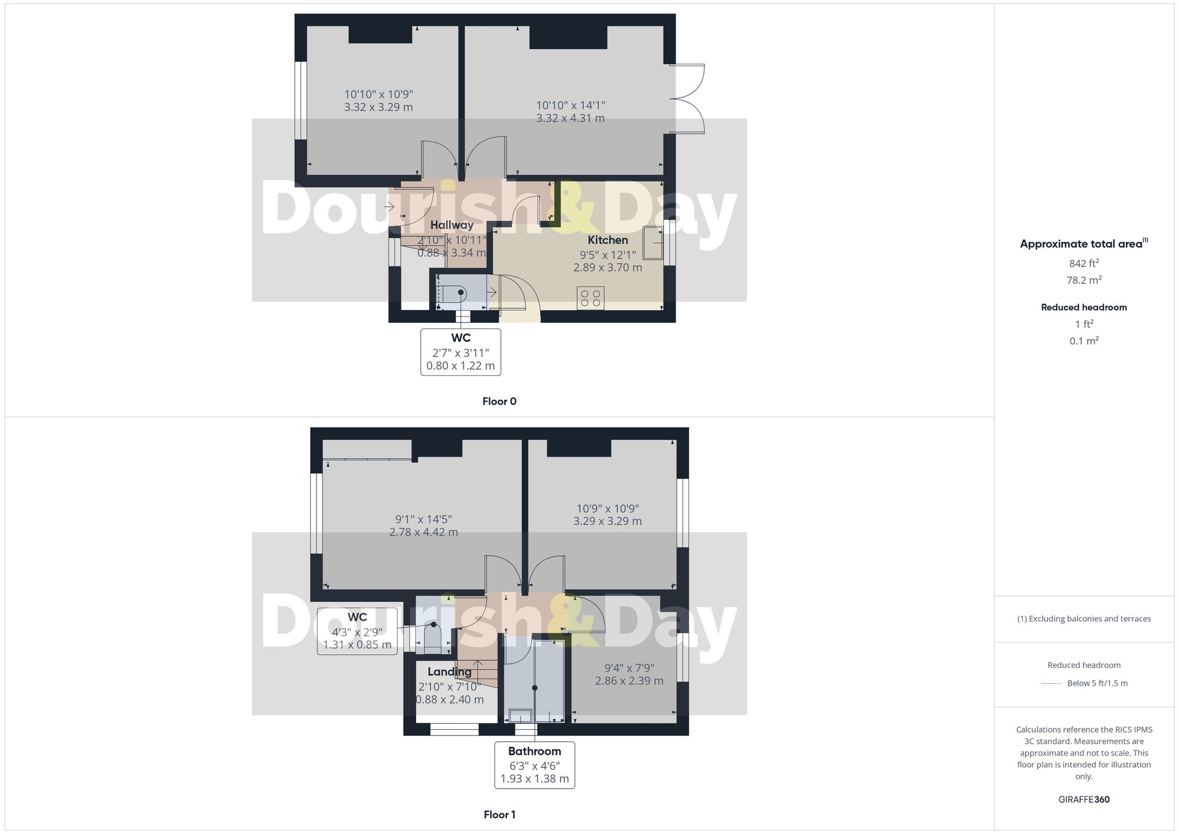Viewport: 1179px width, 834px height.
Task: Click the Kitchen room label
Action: click(x=607, y=240)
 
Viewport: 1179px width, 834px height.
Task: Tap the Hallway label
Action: click(x=452, y=225)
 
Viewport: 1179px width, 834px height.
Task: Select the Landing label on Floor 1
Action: click(x=449, y=672)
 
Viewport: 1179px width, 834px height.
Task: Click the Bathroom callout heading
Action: click(x=534, y=751)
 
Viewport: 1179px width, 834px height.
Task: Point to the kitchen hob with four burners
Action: click(x=591, y=298)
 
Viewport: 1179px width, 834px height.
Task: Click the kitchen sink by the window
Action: click(x=653, y=242)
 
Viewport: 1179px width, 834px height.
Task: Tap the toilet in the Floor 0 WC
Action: click(x=454, y=294)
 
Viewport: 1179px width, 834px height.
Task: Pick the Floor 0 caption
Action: click(x=499, y=401)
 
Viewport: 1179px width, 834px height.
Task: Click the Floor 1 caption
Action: click(x=499, y=815)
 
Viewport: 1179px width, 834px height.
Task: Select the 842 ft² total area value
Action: click(x=1084, y=263)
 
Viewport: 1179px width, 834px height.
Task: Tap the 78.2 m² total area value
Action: click(x=1084, y=280)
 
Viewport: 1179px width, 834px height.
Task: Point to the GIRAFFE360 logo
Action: click(x=1084, y=800)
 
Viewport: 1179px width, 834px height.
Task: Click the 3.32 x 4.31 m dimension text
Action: click(x=570, y=118)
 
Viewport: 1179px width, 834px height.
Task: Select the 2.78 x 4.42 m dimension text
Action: click(x=423, y=532)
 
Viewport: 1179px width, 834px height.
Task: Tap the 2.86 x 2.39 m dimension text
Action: click(x=629, y=681)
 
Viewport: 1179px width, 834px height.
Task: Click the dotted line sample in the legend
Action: click(x=1050, y=684)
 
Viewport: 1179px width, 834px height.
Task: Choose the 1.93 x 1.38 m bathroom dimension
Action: click(x=534, y=779)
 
